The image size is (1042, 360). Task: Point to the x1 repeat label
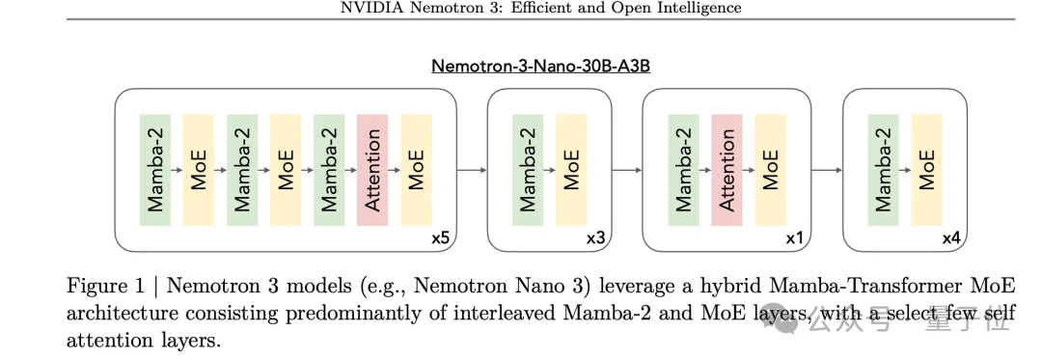(x=795, y=237)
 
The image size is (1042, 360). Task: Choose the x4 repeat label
(x=950, y=237)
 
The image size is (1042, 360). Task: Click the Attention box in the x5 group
(x=372, y=170)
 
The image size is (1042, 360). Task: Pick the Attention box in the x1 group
(x=727, y=170)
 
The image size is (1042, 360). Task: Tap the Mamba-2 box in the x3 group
(x=528, y=170)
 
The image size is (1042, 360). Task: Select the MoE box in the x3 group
(x=571, y=170)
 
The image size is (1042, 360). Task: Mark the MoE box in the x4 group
(x=926, y=170)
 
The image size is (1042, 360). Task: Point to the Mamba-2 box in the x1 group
(x=683, y=170)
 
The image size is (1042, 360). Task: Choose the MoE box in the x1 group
(x=770, y=170)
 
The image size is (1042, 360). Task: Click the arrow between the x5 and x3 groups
(x=472, y=171)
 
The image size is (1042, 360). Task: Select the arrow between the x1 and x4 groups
(x=827, y=171)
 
